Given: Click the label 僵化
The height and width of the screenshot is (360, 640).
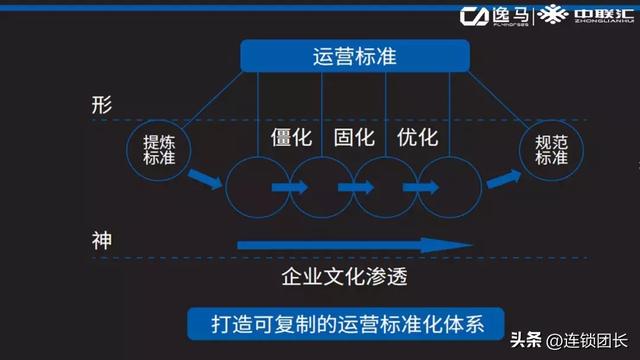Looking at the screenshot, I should point(291,136).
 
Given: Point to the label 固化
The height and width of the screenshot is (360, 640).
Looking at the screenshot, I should point(354,136).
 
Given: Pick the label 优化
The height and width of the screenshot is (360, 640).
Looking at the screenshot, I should point(417,136).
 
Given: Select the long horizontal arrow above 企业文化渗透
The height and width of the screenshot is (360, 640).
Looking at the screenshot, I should point(340,244).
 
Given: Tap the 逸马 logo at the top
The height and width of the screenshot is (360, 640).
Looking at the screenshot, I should point(495,17).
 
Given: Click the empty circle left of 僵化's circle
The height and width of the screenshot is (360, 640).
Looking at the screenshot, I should point(257,186).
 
